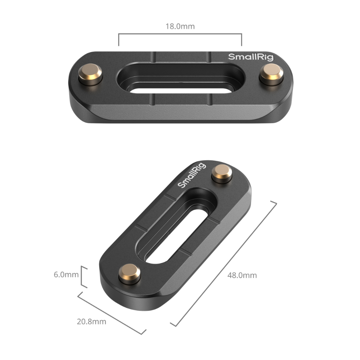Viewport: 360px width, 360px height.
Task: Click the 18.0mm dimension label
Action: pyautogui.click(x=180, y=26)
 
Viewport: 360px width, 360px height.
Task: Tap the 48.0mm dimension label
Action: pyautogui.click(x=242, y=275)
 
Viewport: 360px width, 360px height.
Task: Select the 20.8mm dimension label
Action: pyautogui.click(x=91, y=321)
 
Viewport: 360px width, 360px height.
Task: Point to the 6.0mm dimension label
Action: pyautogui.click(x=66, y=274)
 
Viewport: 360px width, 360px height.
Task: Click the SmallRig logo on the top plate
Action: pyautogui.click(x=251, y=57)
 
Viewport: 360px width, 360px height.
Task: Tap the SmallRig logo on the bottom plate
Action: pyautogui.click(x=192, y=175)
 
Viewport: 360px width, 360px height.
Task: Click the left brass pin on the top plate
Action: pyautogui.click(x=90, y=74)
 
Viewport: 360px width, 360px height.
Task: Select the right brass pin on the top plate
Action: pyautogui.click(x=271, y=75)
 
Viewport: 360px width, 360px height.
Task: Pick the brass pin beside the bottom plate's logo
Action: pyautogui.click(x=222, y=174)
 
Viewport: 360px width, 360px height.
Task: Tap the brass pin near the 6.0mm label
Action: pyautogui.click(x=130, y=274)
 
